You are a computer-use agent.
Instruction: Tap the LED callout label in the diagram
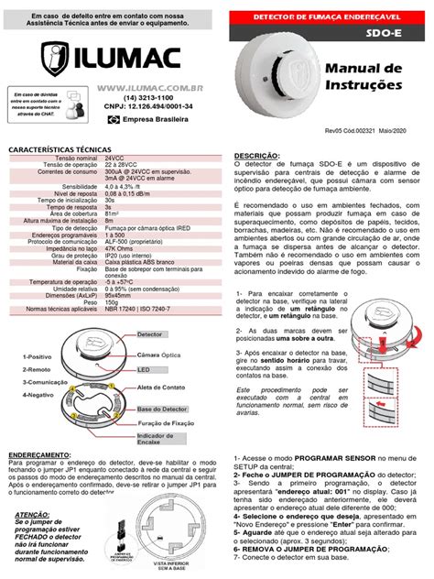click(x=145, y=369)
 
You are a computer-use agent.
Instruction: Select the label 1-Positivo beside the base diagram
click(x=27, y=355)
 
